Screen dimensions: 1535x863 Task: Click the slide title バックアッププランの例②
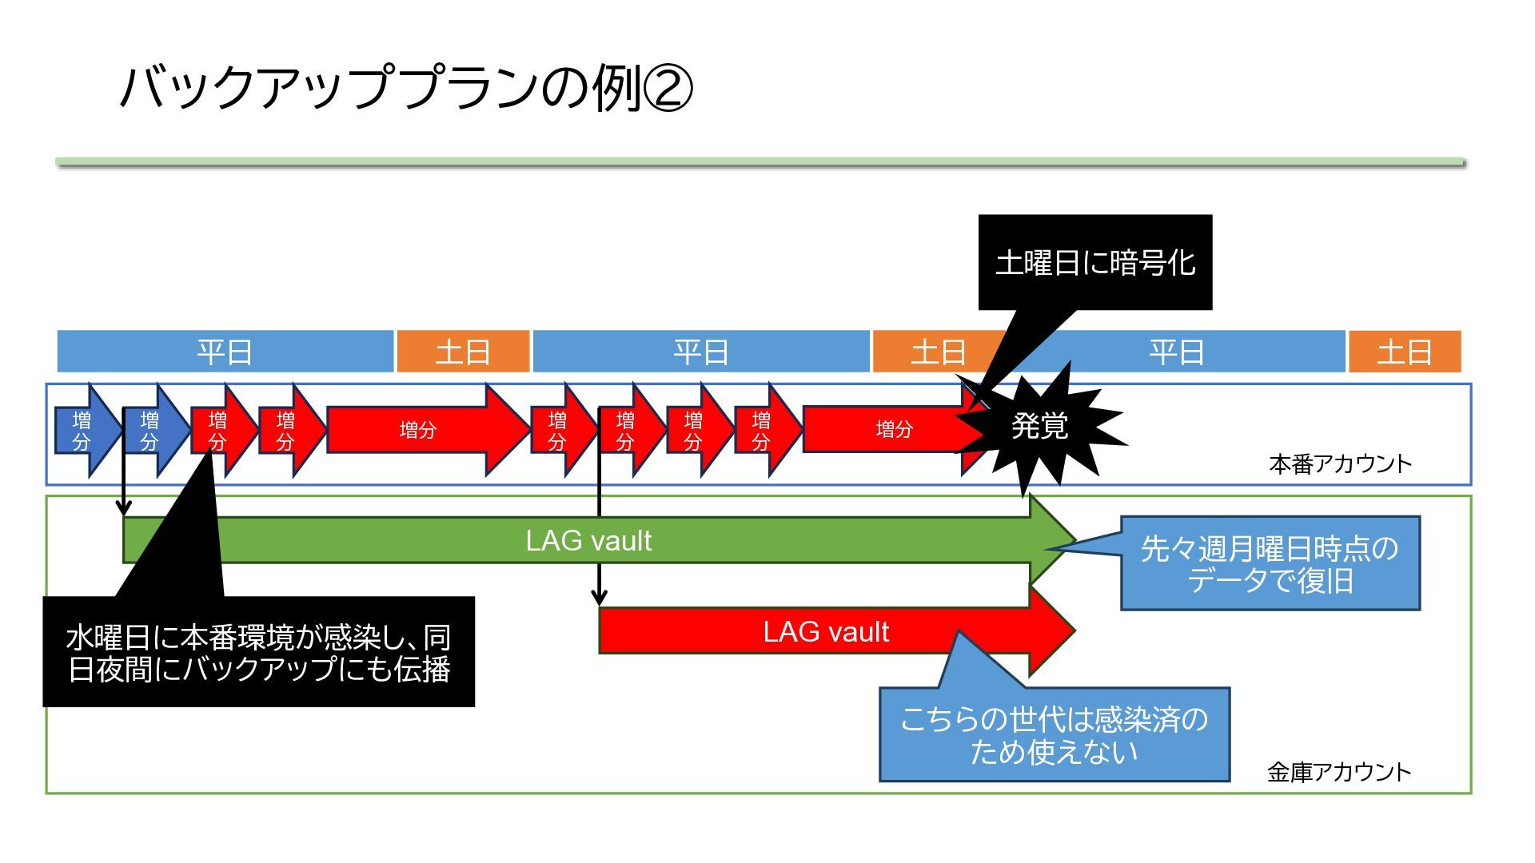coord(405,87)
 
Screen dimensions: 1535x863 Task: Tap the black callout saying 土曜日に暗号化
coord(1095,262)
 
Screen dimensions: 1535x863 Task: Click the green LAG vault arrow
coord(600,540)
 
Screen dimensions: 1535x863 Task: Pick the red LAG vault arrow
coord(837,631)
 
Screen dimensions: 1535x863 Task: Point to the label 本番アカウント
coord(1340,463)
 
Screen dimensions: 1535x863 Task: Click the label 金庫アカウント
coord(1339,771)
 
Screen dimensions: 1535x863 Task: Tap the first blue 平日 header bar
coord(225,352)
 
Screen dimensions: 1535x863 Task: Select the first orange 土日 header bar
coord(463,352)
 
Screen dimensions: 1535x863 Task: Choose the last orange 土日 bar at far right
coord(1405,352)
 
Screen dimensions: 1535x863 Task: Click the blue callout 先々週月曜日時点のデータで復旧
coord(1270,563)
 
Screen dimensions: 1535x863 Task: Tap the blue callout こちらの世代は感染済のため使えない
coord(1055,734)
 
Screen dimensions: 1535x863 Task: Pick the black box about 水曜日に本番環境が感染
coord(258,651)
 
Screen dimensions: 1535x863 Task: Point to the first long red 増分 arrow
coord(429,430)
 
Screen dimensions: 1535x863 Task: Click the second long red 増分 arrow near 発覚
coord(894,430)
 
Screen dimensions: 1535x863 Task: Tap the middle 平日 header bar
coord(701,352)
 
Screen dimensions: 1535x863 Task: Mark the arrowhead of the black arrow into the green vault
coord(123,509)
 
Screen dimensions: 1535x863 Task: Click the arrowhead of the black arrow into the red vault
coord(599,598)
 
